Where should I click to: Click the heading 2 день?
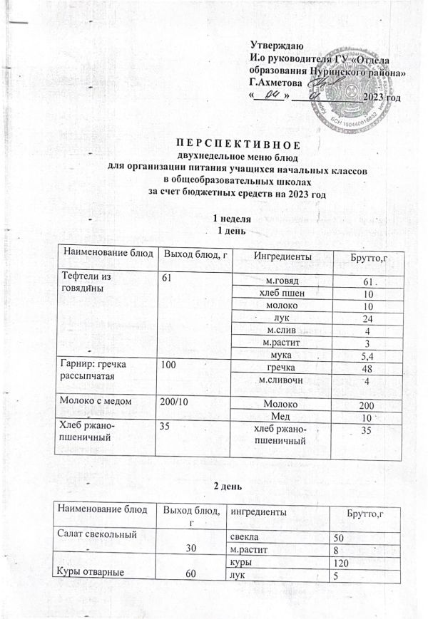[230, 485]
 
